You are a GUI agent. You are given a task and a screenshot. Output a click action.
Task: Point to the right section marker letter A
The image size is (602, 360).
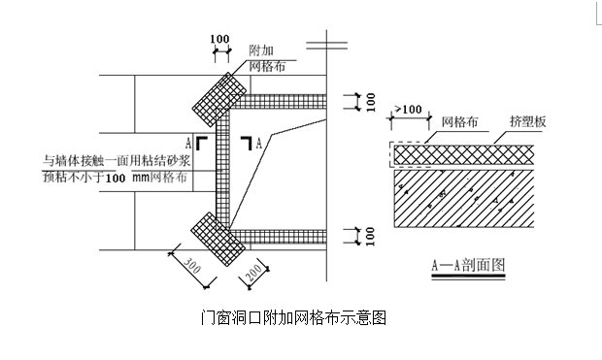tap(259, 142)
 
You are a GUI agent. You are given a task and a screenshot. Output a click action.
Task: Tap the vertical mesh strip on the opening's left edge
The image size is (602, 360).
tap(222, 165)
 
